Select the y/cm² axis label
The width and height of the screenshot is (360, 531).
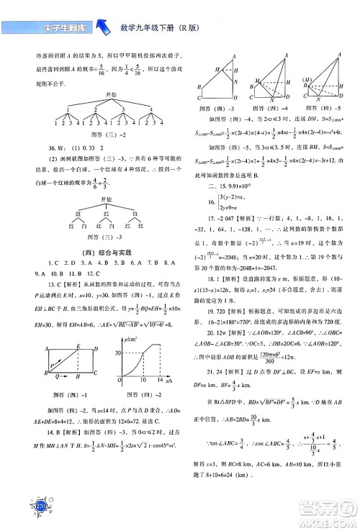130,337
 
